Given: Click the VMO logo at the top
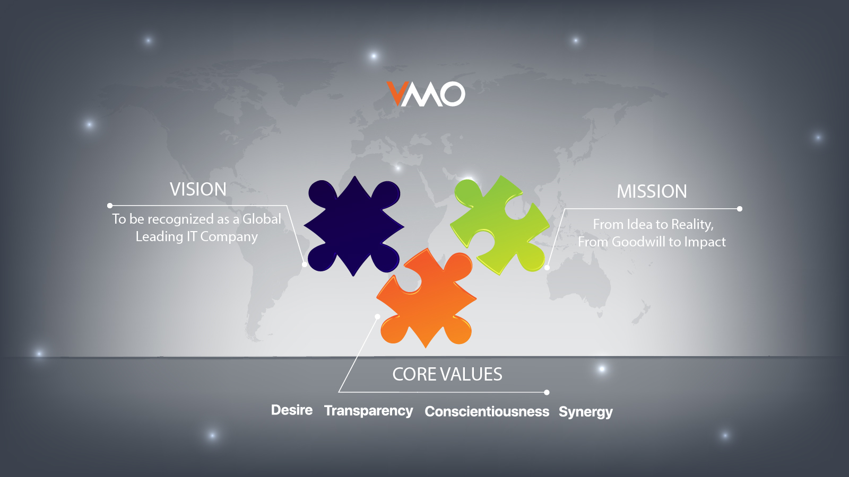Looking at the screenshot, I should [426, 94].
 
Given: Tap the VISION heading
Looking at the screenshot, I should [198, 189].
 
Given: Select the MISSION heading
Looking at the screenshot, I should [652, 191].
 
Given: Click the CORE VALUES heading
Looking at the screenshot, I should [447, 374].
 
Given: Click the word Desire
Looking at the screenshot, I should [291, 410].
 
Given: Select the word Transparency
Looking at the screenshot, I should [368, 411].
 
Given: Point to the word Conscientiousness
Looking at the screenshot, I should [487, 412].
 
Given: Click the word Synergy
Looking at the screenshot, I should [585, 412].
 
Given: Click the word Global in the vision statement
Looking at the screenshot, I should [262, 219].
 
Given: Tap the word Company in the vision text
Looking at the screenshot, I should [229, 237].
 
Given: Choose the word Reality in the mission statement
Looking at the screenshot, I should [691, 225].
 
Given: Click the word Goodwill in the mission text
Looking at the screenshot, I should [638, 242].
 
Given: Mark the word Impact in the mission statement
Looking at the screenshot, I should [705, 242].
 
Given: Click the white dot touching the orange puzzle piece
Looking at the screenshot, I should [377, 316].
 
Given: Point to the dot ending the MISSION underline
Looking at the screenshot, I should [740, 209].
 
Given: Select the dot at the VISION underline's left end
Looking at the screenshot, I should [110, 206].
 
